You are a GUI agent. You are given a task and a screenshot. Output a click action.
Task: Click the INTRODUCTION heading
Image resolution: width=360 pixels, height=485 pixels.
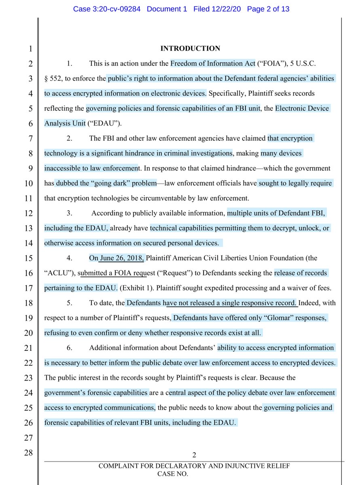[190, 48]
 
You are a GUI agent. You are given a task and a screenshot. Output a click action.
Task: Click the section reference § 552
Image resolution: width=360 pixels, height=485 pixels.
[54, 78]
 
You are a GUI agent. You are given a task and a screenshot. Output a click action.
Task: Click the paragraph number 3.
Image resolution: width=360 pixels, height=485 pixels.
[69, 213]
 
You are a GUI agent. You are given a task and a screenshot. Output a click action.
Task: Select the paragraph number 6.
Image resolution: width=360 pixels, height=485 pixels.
[69, 348]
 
